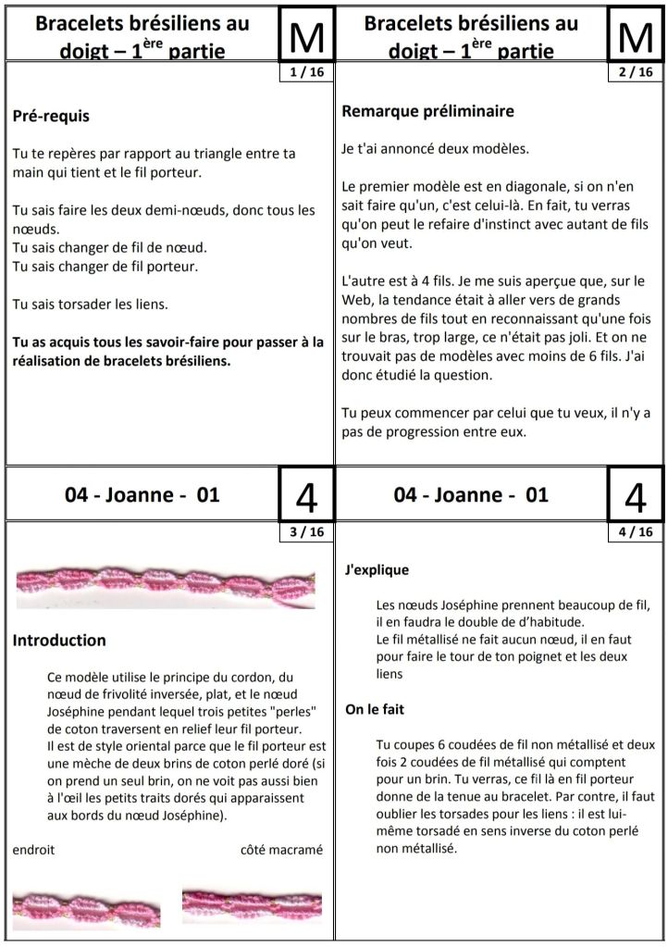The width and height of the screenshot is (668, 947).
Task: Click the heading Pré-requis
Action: [x=51, y=117]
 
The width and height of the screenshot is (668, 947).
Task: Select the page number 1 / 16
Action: [x=306, y=71]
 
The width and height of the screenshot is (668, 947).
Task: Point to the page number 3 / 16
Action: [x=306, y=531]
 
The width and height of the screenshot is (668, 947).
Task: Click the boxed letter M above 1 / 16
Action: [x=306, y=35]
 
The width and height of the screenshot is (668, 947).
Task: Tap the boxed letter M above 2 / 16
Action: [x=636, y=35]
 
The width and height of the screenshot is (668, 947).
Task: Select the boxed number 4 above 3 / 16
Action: [x=306, y=495]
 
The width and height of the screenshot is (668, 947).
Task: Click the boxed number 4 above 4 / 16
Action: [x=636, y=495]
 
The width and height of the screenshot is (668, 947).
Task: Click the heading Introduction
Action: [x=59, y=640]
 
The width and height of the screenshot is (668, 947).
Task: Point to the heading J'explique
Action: [x=376, y=570]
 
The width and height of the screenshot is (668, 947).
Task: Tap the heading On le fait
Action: [x=377, y=710]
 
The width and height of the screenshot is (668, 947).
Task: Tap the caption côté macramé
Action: [x=281, y=850]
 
